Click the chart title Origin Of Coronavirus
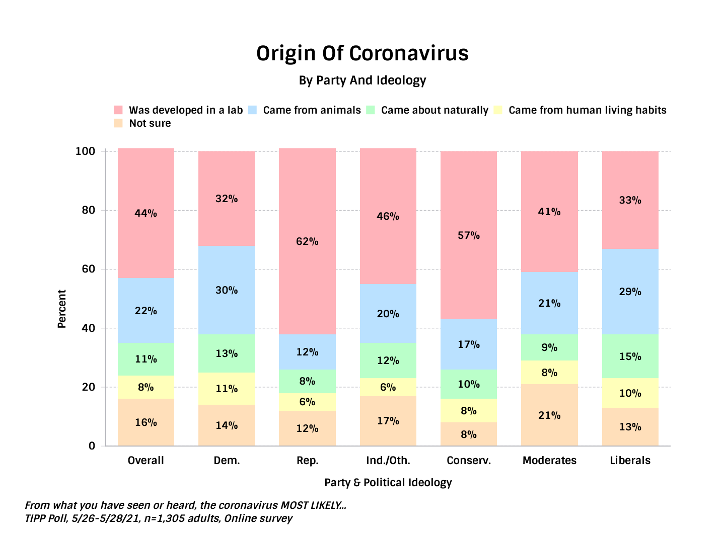[362, 53]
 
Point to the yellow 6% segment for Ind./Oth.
[388, 387]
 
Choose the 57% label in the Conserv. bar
[469, 235]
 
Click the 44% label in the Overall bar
[146, 213]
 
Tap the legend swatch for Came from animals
[253, 110]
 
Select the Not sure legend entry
[150, 123]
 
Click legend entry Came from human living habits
[587, 110]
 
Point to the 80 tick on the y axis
[89, 210]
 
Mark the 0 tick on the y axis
[92, 446]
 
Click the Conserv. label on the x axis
[469, 461]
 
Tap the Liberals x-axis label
[630, 461]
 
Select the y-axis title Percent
[62, 309]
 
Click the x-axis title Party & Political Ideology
[388, 483]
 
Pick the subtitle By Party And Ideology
[362, 80]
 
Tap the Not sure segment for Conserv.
[469, 434]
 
